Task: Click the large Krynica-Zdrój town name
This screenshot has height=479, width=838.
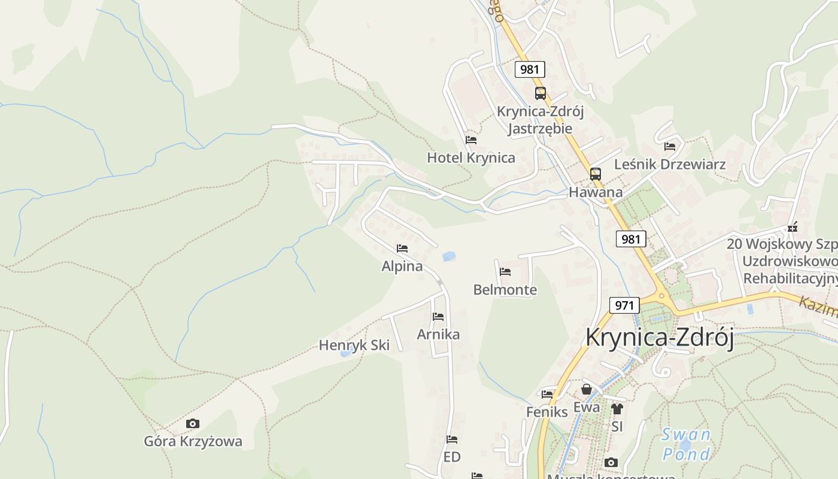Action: pyautogui.click(x=660, y=337)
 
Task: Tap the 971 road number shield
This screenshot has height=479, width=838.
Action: pyautogui.click(x=624, y=305)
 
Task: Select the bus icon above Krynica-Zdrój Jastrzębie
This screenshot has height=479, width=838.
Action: pyautogui.click(x=540, y=93)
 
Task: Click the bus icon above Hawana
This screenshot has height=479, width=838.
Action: pyautogui.click(x=595, y=174)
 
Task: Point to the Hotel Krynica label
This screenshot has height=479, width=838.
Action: pyautogui.click(x=470, y=157)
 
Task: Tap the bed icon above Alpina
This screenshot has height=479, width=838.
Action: pyautogui.click(x=402, y=248)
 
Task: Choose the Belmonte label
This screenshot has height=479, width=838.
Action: pyautogui.click(x=505, y=290)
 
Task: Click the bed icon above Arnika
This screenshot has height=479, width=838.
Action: pyautogui.click(x=438, y=317)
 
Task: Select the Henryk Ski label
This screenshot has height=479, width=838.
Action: pyautogui.click(x=354, y=345)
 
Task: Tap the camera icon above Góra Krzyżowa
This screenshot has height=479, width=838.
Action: pyautogui.click(x=192, y=424)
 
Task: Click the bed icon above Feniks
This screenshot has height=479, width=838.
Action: pyautogui.click(x=547, y=395)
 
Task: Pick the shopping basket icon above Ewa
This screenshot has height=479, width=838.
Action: pyautogui.click(x=587, y=390)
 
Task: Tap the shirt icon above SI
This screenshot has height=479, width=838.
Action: pyautogui.click(x=617, y=409)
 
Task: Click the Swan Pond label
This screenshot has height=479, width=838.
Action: pyautogui.click(x=686, y=444)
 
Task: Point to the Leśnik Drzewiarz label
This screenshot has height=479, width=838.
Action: pyautogui.click(x=670, y=164)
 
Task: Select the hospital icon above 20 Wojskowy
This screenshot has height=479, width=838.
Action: pyautogui.click(x=793, y=228)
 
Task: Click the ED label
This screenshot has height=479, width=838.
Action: pyautogui.click(x=452, y=457)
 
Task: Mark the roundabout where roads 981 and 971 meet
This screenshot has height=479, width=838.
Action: pyautogui.click(x=661, y=296)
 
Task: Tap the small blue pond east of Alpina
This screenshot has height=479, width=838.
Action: pyautogui.click(x=448, y=257)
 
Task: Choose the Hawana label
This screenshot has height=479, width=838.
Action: pyautogui.click(x=595, y=192)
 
